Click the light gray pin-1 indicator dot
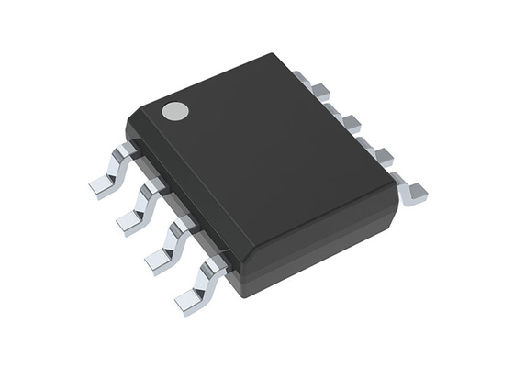coord(174,111)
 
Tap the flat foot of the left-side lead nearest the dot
coord(102,185)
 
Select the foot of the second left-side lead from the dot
coord(128,223)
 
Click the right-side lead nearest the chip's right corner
coord(415,191)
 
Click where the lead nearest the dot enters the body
coord(131,149)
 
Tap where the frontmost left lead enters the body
coord(218,262)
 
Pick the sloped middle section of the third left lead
coord(173,240)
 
